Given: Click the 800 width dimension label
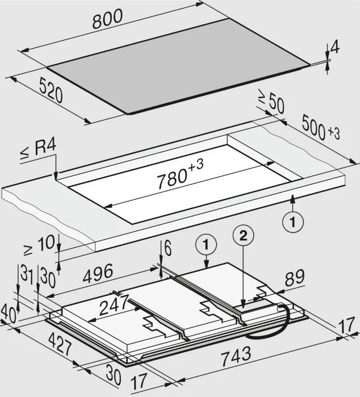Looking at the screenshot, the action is [108, 19].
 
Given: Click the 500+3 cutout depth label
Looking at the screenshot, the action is [321, 127].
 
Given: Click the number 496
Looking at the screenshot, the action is [98, 273].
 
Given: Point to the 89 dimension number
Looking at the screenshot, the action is [295, 278].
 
